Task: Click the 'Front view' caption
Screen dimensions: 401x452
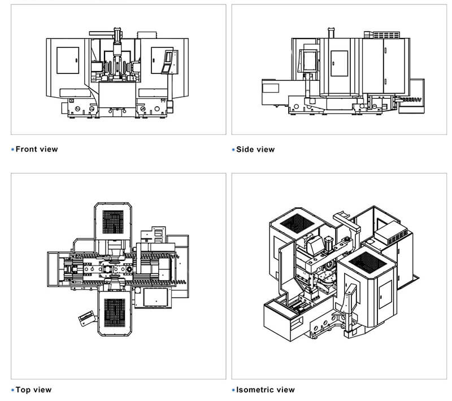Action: tap(36, 149)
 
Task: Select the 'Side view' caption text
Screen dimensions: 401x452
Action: tap(255, 149)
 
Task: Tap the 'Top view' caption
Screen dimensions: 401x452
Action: tap(33, 390)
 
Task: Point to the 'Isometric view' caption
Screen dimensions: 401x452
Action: tap(265, 390)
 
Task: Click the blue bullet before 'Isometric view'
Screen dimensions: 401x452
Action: tap(233, 390)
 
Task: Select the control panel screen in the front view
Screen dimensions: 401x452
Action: tap(167, 61)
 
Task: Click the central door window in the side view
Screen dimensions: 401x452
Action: tap(338, 62)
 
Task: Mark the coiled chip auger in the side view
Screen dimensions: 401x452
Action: tap(411, 99)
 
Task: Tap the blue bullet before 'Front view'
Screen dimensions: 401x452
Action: tap(13, 150)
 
